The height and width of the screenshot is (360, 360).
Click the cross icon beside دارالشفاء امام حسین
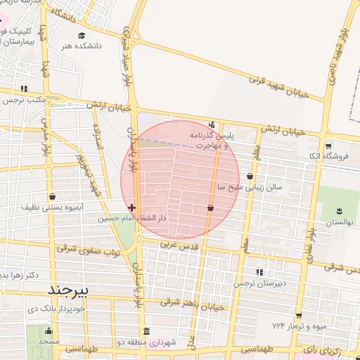click(132, 207)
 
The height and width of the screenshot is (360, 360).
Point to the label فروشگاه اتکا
click(333, 155)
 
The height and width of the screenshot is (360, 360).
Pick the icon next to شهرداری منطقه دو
click(146, 331)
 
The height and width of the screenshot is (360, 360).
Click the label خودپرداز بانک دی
click(56, 309)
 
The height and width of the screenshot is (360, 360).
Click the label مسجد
click(49, 340)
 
